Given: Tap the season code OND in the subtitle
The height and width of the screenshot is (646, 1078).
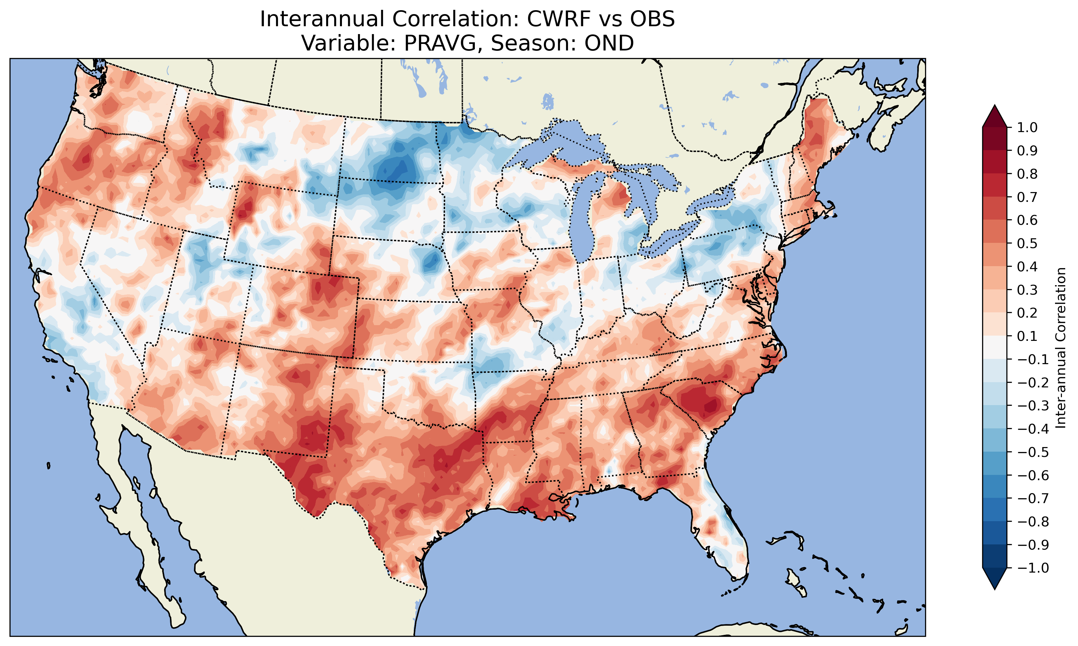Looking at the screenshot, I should pos(609,43).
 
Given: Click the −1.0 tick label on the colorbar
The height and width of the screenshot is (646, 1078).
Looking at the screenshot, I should pos(1033,568).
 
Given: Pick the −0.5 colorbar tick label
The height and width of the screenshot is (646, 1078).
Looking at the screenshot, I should pos(1033,452).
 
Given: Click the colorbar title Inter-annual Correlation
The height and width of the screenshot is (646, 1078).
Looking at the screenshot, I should pos(1061,348).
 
